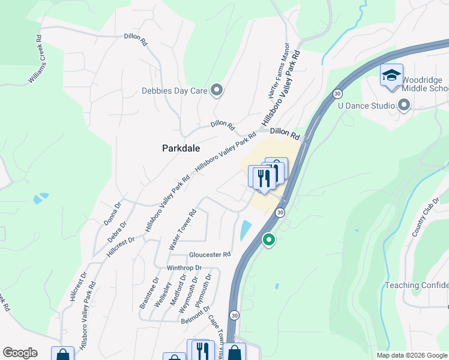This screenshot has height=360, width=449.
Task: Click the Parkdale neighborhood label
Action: pos(181,148)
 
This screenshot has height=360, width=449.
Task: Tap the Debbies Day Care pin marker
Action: pos(217,91)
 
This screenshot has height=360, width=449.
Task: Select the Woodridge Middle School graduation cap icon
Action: pos(391,76)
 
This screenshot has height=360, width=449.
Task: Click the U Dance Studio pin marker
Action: pos(403,106)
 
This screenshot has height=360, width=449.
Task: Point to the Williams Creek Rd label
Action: pos(35,59)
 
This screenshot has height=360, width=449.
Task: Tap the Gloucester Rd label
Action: pos(209,254)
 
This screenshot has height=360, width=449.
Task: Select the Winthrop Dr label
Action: pos(183,268)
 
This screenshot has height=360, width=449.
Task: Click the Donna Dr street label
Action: pos(112,214)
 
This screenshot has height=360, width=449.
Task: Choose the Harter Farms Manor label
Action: pos(278,76)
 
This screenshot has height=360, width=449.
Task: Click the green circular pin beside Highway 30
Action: pos(269,240)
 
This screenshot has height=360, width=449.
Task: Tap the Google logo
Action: pos(20,353)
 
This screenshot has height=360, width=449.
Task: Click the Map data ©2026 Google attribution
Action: pos(412,355)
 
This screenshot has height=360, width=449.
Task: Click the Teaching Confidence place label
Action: pos(417,286)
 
